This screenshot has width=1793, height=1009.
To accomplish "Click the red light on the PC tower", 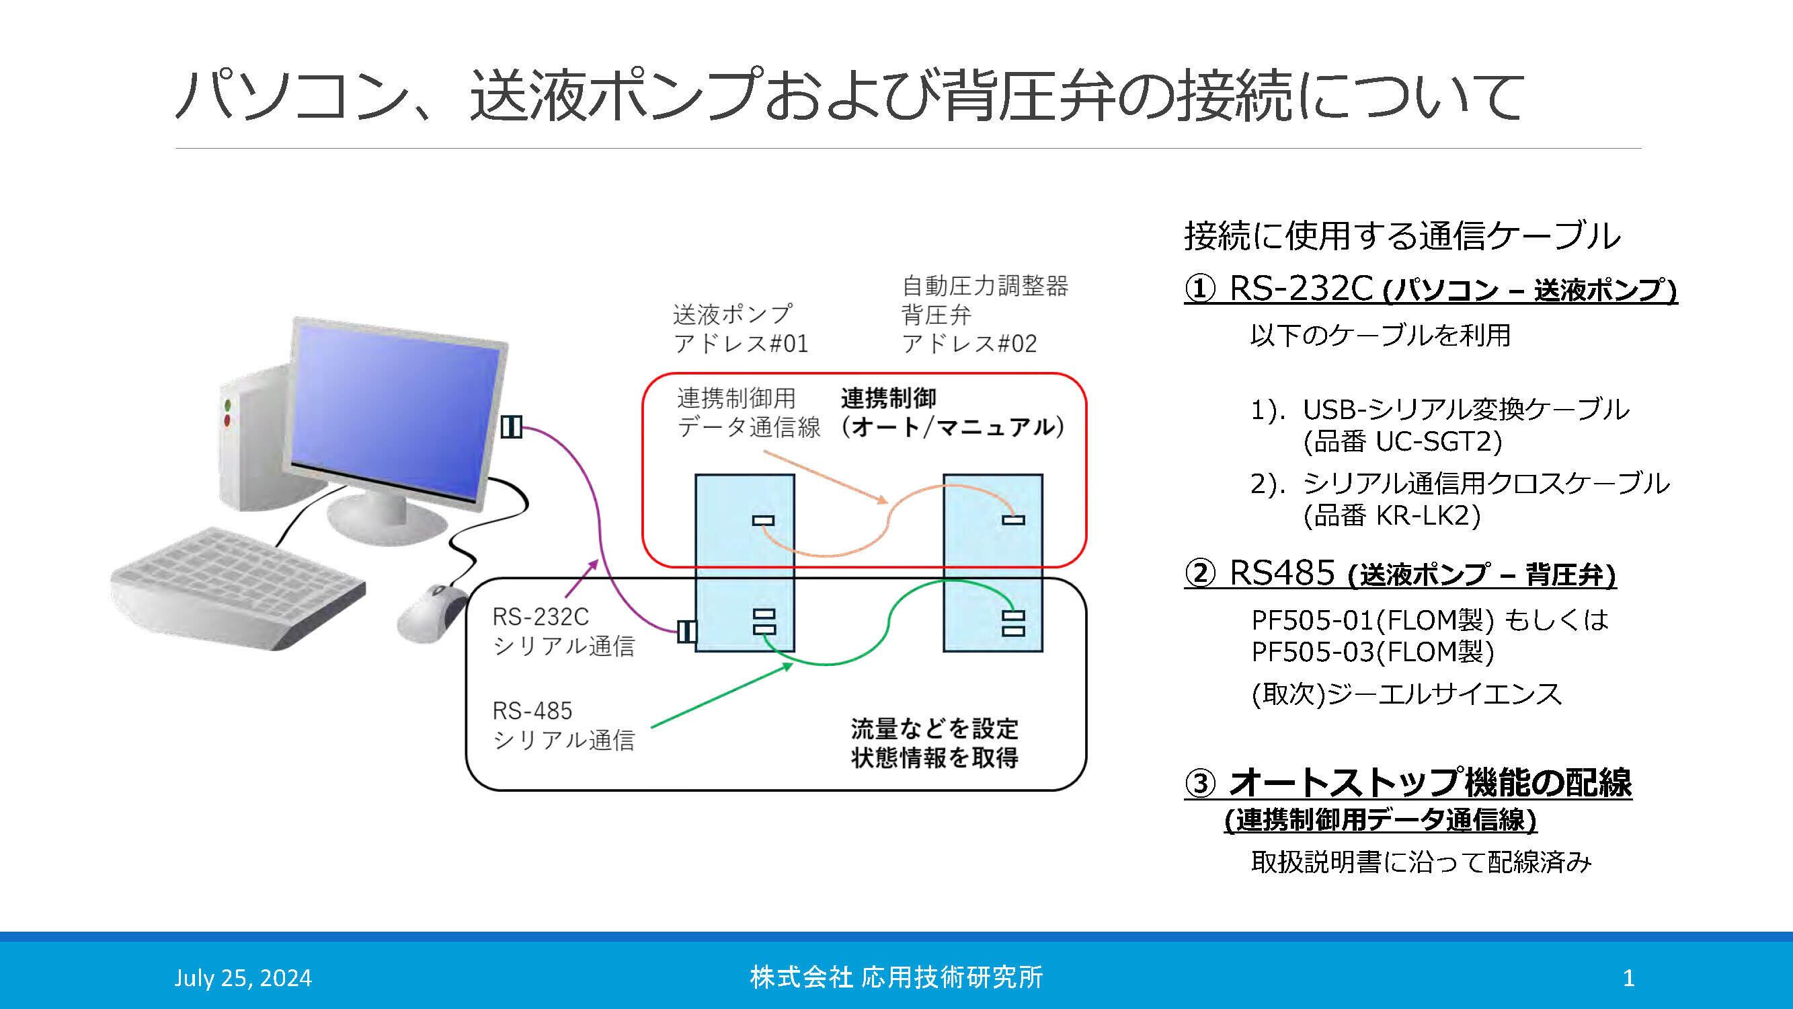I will pyautogui.click(x=227, y=420).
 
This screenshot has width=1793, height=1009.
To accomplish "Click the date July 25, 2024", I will pyautogui.click(x=243, y=977).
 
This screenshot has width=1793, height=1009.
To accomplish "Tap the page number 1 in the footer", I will pyautogui.click(x=1628, y=977).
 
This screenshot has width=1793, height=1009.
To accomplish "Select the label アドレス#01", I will pyautogui.click(x=741, y=343).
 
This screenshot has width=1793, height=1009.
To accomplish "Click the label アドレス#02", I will pyautogui.click(x=969, y=343).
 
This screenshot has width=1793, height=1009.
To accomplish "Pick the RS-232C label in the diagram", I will pyautogui.click(x=540, y=616).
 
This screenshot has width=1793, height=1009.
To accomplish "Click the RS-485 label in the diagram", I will pyautogui.click(x=532, y=710).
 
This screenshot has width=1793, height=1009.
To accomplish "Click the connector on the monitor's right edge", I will pyautogui.click(x=512, y=426).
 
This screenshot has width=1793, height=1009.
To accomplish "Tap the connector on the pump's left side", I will pyautogui.click(x=686, y=631).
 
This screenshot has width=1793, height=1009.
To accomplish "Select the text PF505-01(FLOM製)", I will pyautogui.click(x=1371, y=619).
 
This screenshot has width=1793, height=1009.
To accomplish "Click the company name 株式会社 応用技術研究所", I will pyautogui.click(x=895, y=977).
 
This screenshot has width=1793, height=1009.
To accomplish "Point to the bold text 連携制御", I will pyautogui.click(x=888, y=398).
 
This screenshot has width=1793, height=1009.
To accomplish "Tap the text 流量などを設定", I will pyautogui.click(x=934, y=728).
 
